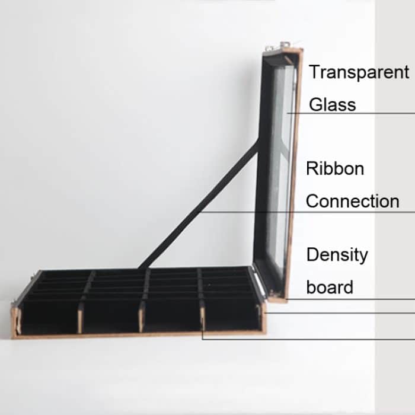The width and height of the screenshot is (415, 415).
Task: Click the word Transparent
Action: click(x=359, y=72)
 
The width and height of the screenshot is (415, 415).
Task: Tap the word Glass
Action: click(x=333, y=105)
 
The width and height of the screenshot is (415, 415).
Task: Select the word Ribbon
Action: click(x=335, y=168)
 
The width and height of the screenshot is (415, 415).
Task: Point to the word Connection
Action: click(x=352, y=201)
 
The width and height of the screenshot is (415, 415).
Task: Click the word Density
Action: click(x=337, y=255)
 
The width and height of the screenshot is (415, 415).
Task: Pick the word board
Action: click(x=330, y=288)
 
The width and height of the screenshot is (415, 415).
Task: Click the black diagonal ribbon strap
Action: click(x=202, y=205)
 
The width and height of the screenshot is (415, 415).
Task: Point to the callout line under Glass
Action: click(x=356, y=113)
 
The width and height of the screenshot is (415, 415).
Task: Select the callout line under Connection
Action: click(x=308, y=212)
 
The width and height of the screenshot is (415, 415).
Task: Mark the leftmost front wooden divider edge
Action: click(x=17, y=320)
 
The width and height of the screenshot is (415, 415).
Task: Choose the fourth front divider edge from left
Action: click(x=202, y=318)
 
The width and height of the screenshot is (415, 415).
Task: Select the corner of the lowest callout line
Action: click(x=203, y=339)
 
